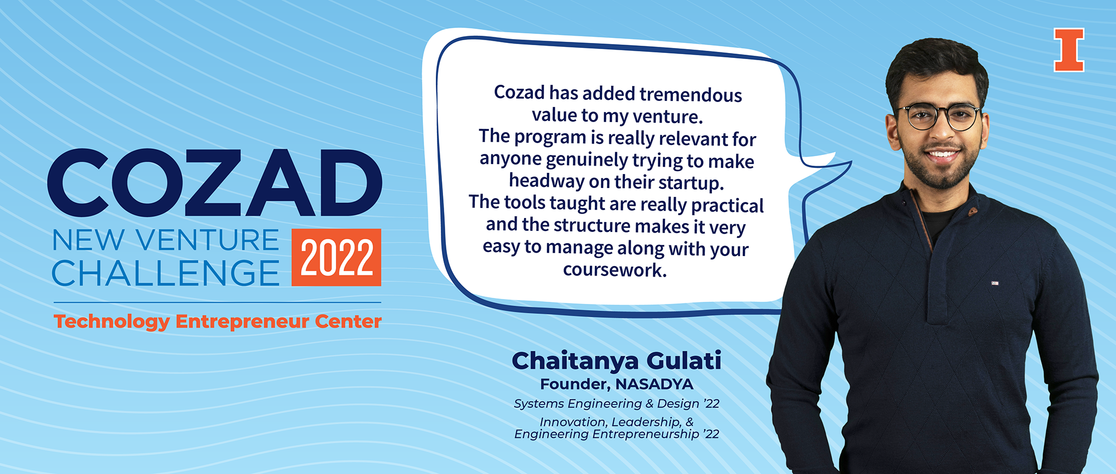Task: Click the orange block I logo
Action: point(1069,50)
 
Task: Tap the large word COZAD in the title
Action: point(215,183)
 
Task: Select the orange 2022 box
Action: point(336,257)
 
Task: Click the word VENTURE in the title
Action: point(207,240)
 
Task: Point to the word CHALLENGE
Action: point(165,273)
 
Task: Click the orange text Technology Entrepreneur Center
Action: point(218,322)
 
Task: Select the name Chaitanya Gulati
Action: point(616,361)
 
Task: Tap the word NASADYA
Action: point(654,384)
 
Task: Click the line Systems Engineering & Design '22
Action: point(616,404)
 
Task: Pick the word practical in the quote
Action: point(727,205)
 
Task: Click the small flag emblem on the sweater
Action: point(994,283)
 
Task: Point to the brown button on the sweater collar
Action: point(973,211)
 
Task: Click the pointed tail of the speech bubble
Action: point(837,163)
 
